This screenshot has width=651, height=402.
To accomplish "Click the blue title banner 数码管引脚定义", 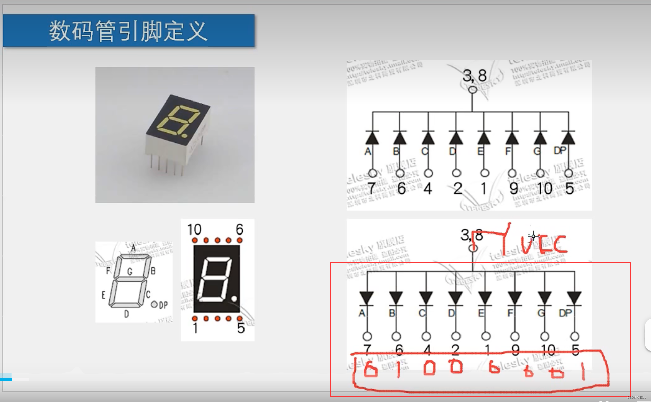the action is click(x=128, y=30).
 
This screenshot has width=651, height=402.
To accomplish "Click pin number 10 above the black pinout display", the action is click(x=194, y=230).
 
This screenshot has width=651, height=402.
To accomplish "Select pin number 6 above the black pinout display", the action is click(x=239, y=230).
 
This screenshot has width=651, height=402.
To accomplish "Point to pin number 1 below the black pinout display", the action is click(x=195, y=328).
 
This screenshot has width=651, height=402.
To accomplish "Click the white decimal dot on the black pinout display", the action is click(x=234, y=298).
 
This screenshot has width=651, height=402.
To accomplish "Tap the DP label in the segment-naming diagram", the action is click(x=163, y=305).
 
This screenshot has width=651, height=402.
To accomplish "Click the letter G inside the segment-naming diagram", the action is click(x=130, y=271).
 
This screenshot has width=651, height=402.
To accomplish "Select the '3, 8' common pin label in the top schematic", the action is click(x=474, y=76).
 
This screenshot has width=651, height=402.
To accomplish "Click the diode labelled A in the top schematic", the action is click(x=372, y=138).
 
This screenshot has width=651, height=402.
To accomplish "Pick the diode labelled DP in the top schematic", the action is click(x=568, y=138).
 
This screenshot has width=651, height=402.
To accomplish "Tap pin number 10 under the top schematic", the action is click(x=544, y=188).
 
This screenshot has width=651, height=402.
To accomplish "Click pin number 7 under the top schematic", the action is click(x=371, y=188).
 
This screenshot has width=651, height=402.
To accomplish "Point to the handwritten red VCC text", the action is click(x=544, y=244).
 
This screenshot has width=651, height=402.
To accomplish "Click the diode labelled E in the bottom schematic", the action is click(x=485, y=298).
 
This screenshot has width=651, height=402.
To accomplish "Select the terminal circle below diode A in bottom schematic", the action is click(x=367, y=336).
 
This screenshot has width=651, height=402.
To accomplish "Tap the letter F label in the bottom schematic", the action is click(x=510, y=313).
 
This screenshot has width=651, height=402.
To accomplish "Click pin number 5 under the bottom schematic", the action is click(x=576, y=350).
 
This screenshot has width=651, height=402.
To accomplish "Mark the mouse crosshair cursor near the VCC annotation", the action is click(x=533, y=236).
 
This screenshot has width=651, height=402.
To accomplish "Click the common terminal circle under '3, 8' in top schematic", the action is click(x=473, y=90).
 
